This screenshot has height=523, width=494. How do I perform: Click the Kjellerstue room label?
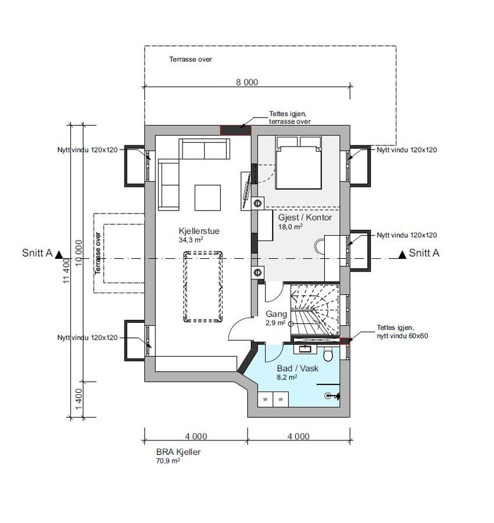pyautogui.click(x=199, y=230)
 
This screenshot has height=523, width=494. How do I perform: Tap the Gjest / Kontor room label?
pyautogui.click(x=305, y=218)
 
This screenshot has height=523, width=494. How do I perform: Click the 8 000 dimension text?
pyautogui.click(x=246, y=82)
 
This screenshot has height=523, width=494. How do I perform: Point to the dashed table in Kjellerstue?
pyautogui.click(x=203, y=286)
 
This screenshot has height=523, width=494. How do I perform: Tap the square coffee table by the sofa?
pyautogui.click(x=207, y=197)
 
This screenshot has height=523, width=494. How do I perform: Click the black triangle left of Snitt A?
pyautogui.click(x=59, y=254)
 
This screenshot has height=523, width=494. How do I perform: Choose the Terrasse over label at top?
pyautogui.click(x=191, y=59)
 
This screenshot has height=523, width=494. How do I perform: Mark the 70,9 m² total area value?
pyautogui.click(x=167, y=461)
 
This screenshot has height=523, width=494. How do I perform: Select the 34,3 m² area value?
pyautogui.click(x=191, y=239)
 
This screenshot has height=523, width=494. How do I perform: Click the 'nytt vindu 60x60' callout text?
pyautogui.click(x=402, y=336)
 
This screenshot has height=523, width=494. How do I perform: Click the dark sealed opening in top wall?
pyautogui.click(x=234, y=130)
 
